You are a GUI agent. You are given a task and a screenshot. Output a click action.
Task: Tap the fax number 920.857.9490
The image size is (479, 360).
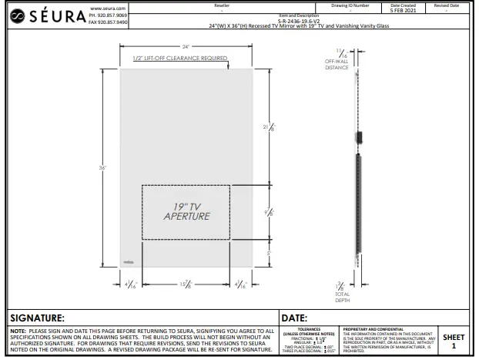coord(110,23)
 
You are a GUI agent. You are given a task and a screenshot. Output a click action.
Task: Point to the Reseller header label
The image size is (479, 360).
coord(223,5)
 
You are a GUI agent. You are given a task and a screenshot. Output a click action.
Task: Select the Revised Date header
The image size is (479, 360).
coord(448,5)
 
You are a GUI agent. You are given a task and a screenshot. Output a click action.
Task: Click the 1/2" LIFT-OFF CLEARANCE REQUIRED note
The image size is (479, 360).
coord(179,59)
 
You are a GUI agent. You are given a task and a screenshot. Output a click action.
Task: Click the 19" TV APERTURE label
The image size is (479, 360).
coord(186,211)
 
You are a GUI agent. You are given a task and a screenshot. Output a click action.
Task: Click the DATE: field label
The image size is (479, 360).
coord(295,318)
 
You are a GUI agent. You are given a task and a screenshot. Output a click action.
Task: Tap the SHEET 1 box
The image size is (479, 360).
coord(454,341)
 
